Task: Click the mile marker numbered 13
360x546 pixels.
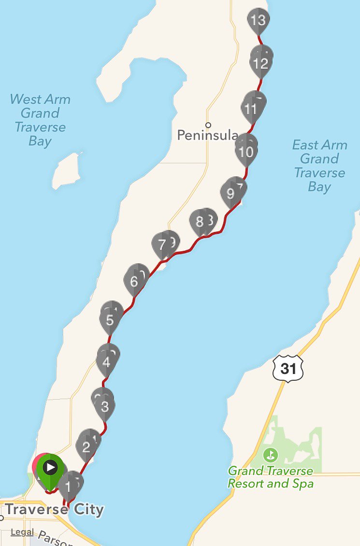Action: click(x=259, y=21)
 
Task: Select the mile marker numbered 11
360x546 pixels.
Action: click(x=250, y=109)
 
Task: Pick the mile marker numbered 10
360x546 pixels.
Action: click(x=246, y=152)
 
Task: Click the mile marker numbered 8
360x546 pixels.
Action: click(x=200, y=222)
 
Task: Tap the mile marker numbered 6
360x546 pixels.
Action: click(x=134, y=281)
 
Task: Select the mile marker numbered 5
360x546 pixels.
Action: click(x=110, y=319)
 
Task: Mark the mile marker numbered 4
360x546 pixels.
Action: click(x=106, y=361)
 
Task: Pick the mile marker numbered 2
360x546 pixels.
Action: click(x=86, y=447)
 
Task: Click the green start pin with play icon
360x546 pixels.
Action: click(x=50, y=468)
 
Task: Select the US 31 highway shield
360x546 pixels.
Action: click(x=288, y=369)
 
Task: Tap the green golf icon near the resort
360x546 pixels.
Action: click(x=271, y=455)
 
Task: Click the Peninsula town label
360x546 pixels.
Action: click(x=208, y=135)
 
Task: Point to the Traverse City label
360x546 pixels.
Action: click(x=55, y=509)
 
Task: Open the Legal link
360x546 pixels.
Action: click(x=22, y=532)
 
